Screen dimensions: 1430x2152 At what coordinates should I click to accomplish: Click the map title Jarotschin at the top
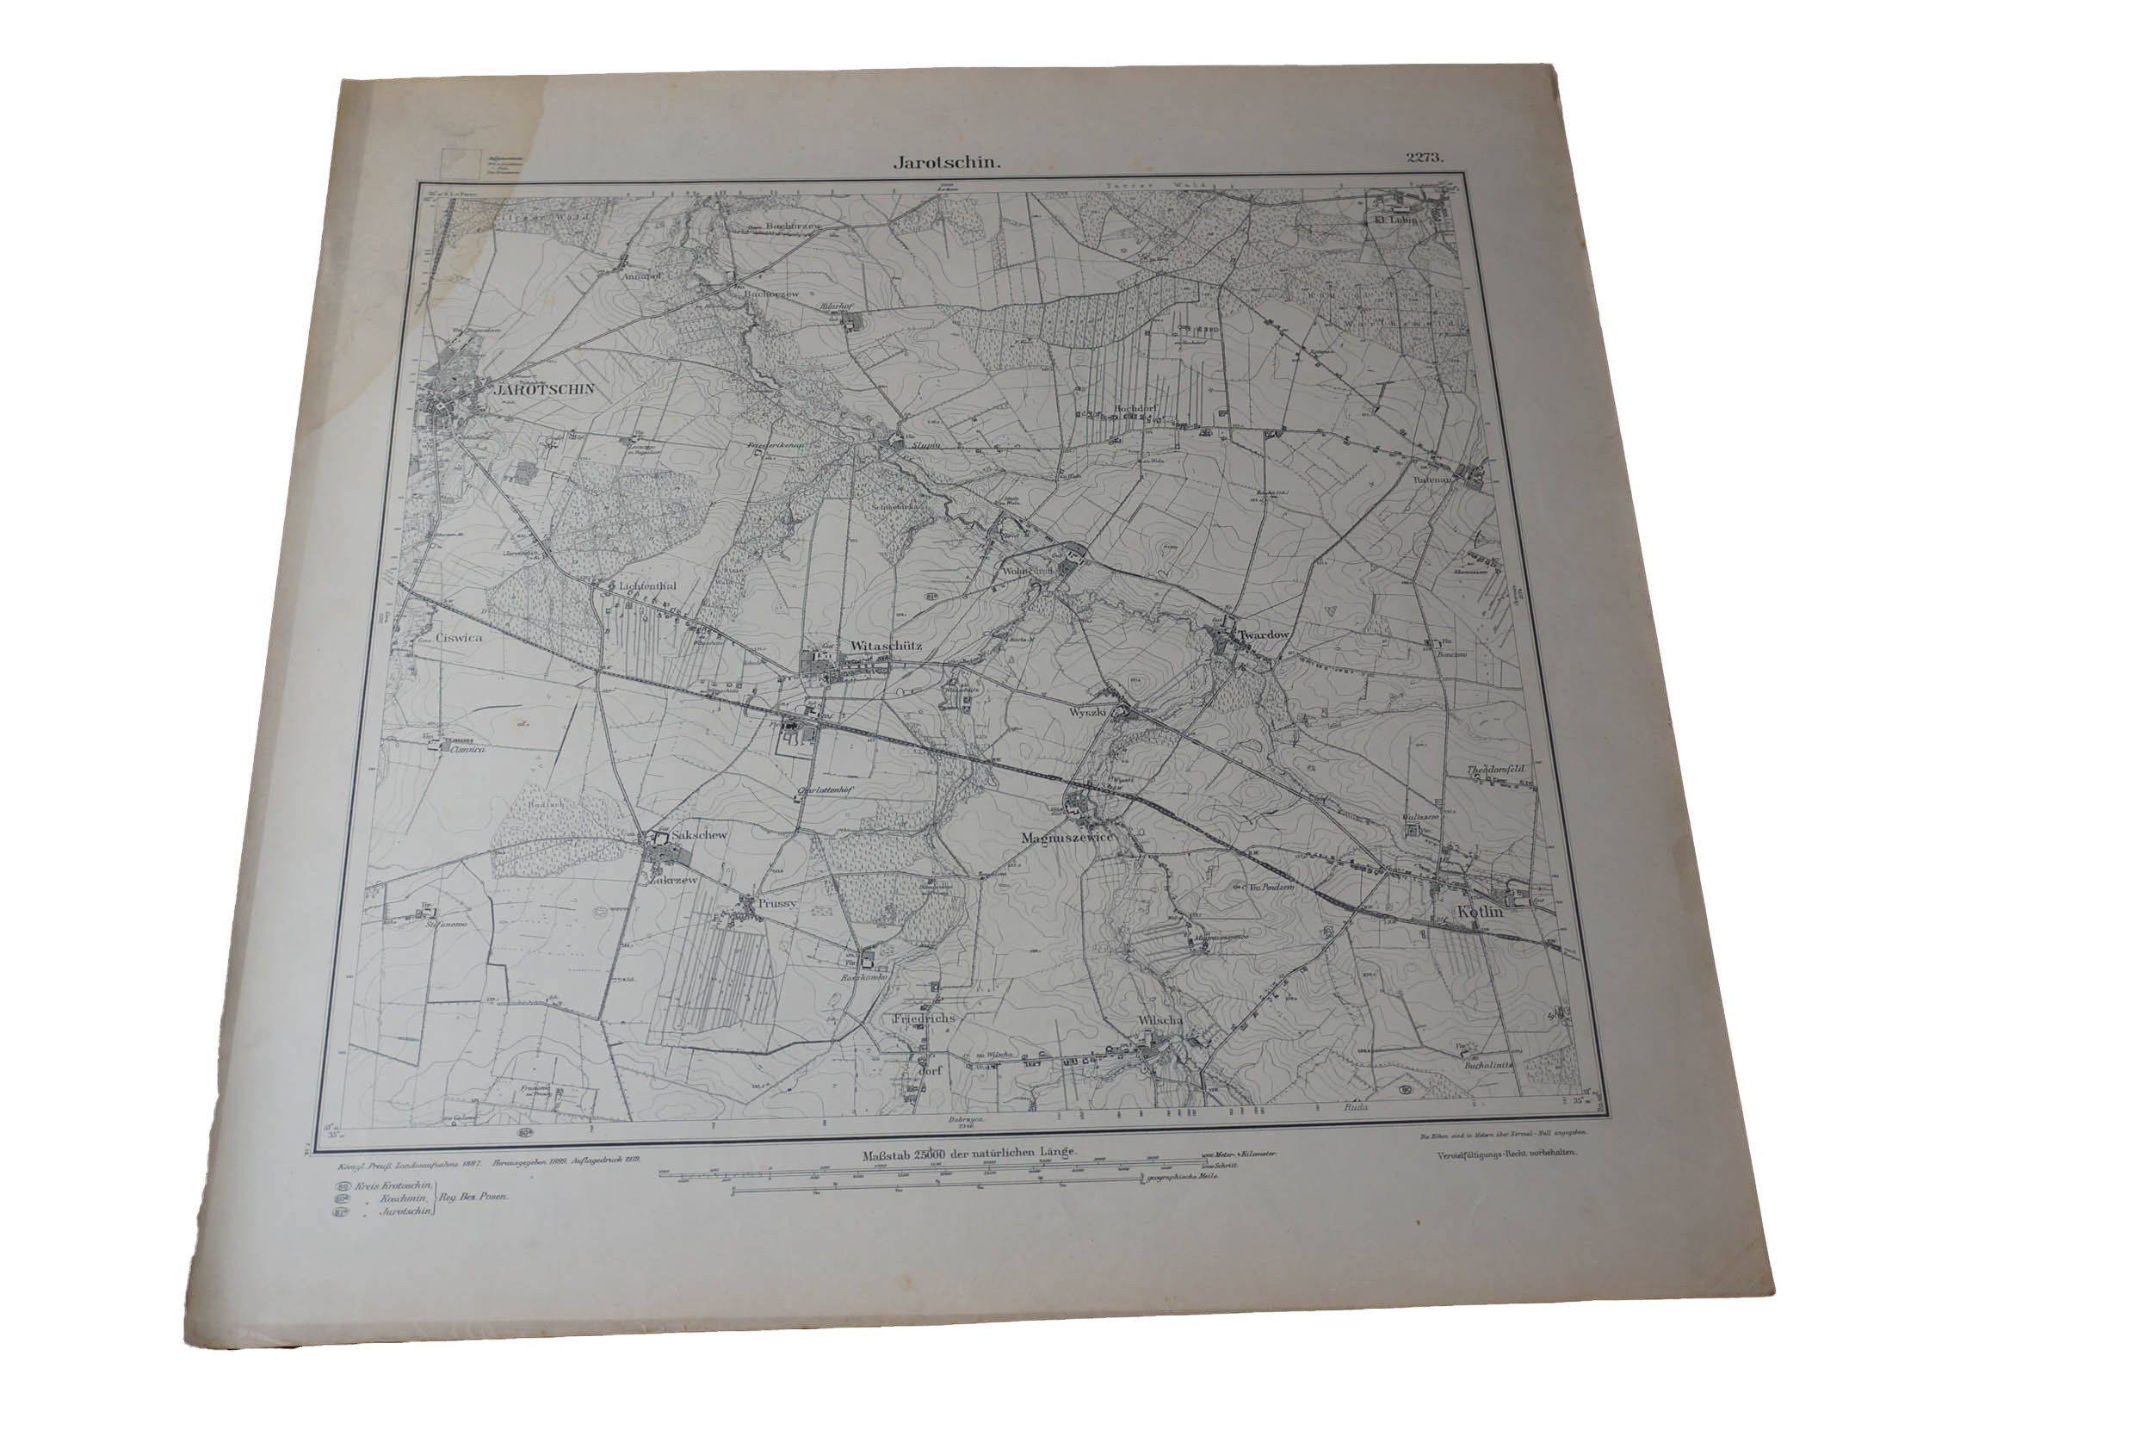point(948,164)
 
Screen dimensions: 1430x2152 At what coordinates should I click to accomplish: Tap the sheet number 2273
point(1425,157)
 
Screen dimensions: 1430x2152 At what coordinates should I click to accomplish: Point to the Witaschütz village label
point(886,646)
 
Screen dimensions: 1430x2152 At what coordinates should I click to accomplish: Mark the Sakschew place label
point(698,835)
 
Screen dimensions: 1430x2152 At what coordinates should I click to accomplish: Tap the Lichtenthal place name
point(646,586)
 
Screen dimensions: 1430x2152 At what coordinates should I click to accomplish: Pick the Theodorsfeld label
point(1495,769)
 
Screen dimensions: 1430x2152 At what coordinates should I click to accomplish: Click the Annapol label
point(640,274)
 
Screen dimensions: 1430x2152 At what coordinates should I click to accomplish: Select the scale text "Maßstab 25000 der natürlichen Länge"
point(969,1152)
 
